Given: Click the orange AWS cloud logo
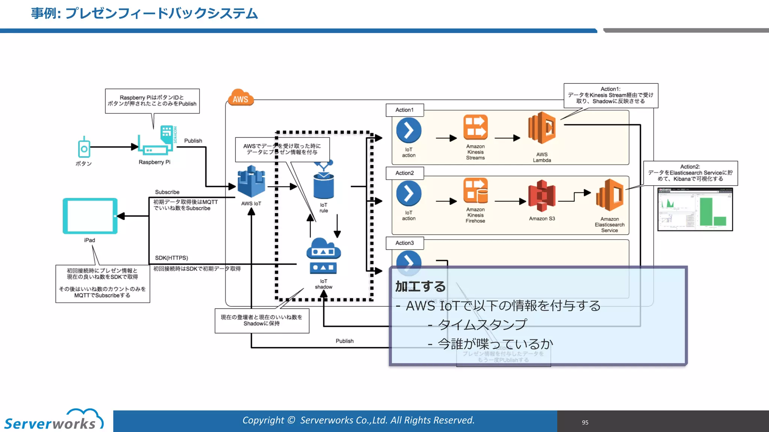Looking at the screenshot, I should point(240,98).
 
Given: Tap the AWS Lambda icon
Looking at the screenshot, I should point(541,128).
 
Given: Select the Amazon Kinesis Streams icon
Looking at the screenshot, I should point(475,127).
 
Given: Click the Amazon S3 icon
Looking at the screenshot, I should point(541,196).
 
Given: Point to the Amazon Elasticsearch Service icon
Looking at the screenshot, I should point(609,195).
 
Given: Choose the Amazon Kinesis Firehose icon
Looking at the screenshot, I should point(475,191).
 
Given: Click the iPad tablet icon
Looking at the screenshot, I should point(90,216).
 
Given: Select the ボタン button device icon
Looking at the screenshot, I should point(84,148).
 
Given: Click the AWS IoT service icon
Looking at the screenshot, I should point(251,182).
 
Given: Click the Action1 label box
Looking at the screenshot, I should point(404,110).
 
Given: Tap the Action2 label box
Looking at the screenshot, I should point(404,173).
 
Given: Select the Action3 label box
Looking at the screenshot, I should point(404,243).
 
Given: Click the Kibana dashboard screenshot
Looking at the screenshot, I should point(695,209).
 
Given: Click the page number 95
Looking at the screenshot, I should point(585,423).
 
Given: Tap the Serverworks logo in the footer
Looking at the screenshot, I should point(53,421).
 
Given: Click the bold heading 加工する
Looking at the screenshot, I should point(420,287).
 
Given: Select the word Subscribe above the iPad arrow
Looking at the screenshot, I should point(167,192).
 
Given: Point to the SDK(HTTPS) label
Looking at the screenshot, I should point(172,258).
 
